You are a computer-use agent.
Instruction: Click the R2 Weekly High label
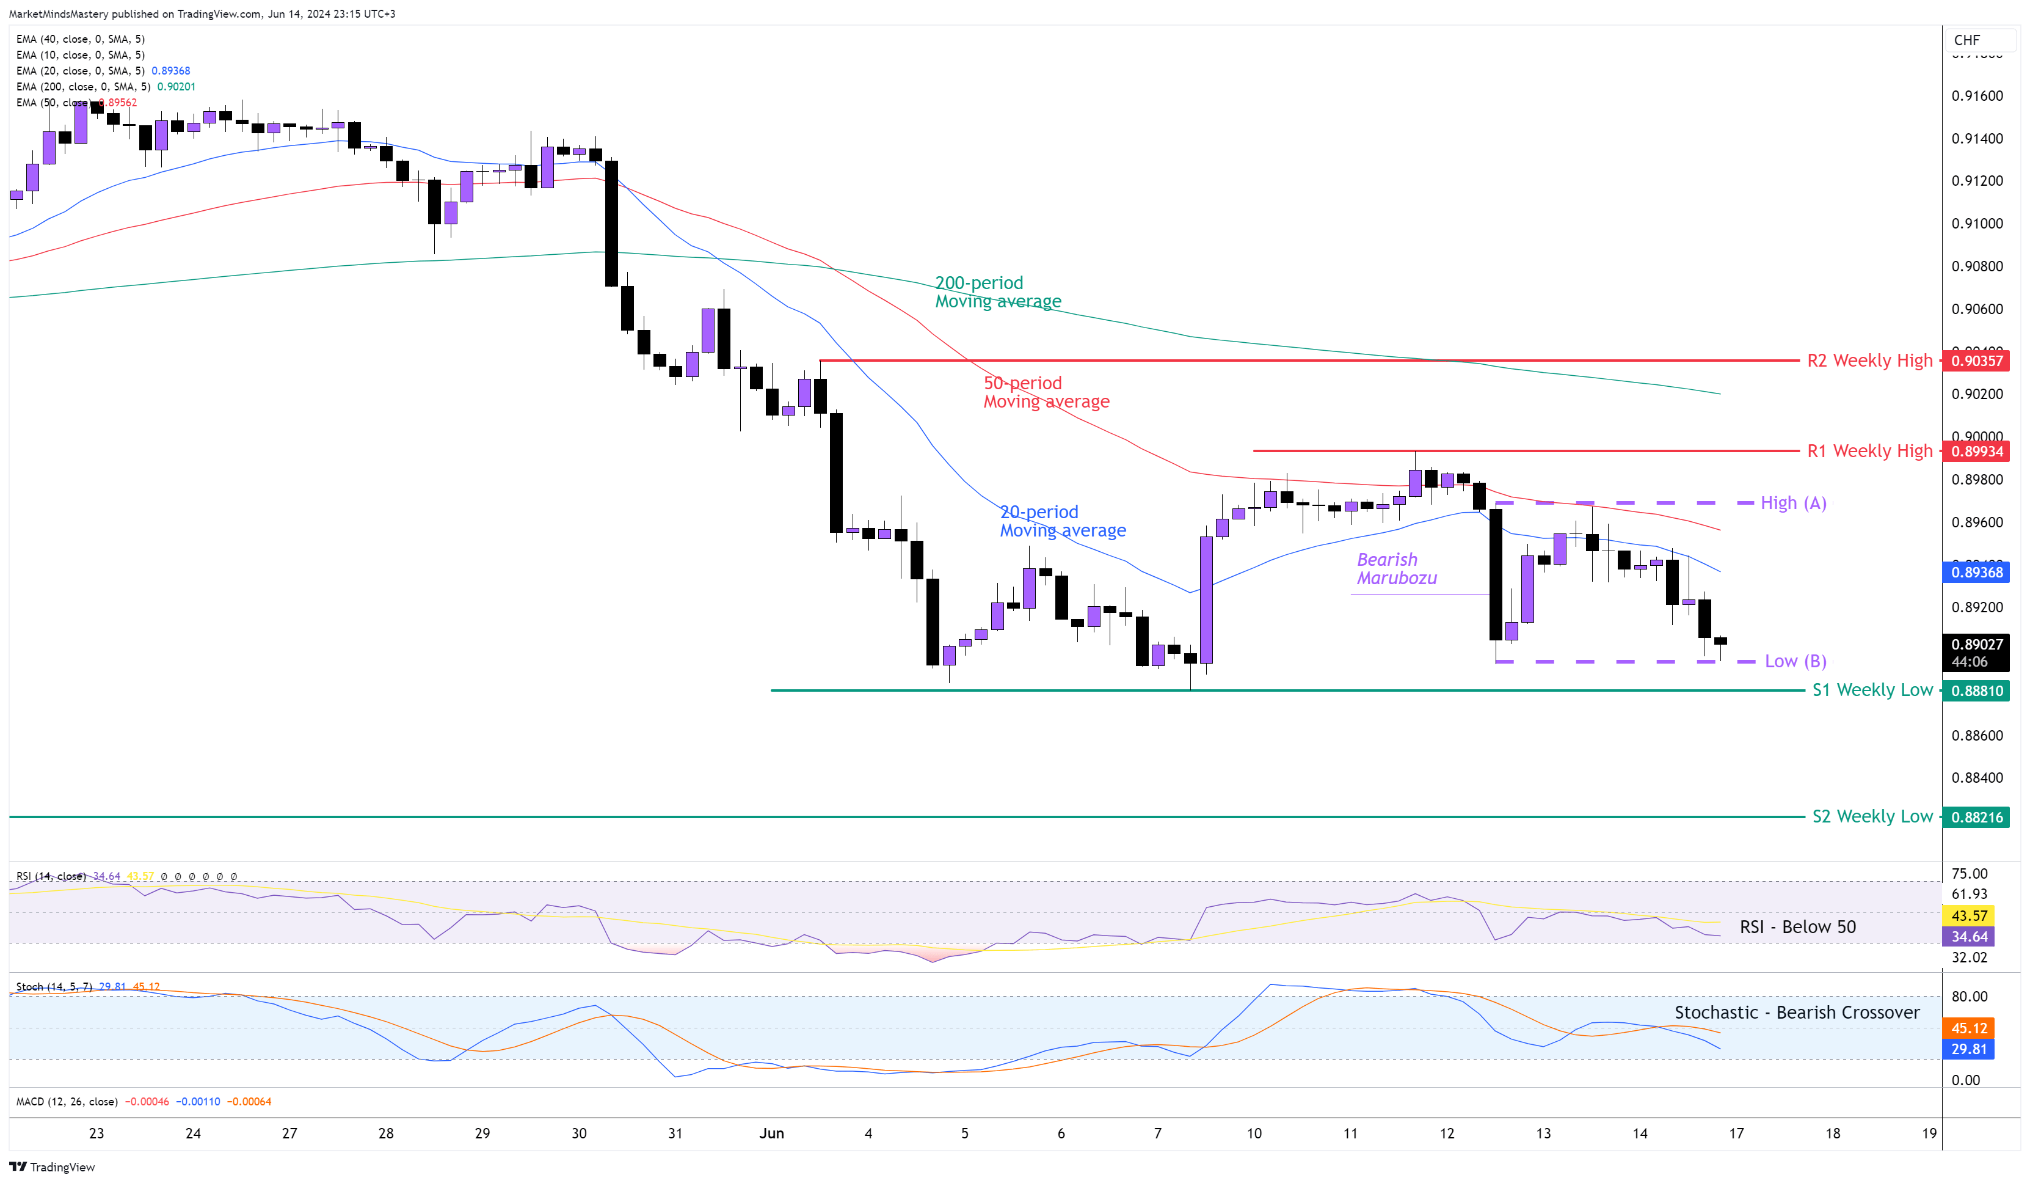(1869, 361)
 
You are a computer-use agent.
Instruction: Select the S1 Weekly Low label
(1871, 690)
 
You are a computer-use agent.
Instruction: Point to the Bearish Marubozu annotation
(1396, 568)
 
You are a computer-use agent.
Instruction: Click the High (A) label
(1792, 503)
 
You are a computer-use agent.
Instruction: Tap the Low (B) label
(1795, 661)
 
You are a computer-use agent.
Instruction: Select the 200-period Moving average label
(997, 291)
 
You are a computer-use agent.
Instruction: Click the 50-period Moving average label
(1046, 392)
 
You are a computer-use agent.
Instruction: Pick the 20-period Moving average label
(1062, 521)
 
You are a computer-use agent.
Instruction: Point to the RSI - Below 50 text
(1797, 927)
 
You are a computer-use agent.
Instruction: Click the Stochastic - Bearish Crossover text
(1796, 1012)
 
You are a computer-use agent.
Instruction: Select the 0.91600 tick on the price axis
(1976, 96)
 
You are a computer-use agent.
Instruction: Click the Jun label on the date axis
(771, 1133)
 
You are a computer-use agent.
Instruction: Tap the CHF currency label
(1966, 40)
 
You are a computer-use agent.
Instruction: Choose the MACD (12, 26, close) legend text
(67, 1102)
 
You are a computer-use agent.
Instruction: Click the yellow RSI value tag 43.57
(1969, 915)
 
